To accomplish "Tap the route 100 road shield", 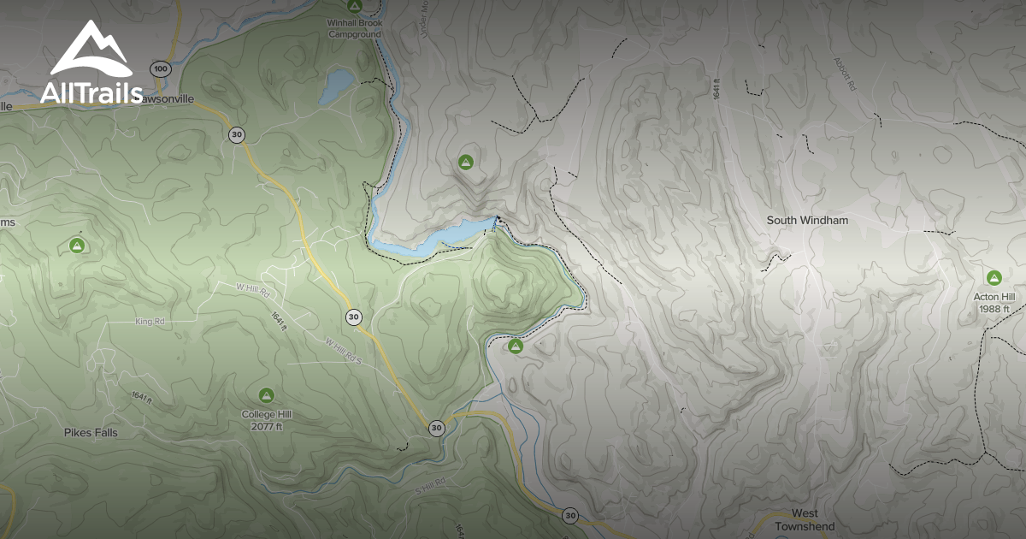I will [159, 68].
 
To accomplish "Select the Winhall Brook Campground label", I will [353, 28].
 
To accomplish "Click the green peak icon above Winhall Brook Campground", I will [353, 7].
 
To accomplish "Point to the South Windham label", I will [807, 220].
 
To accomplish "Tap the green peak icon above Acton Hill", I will [994, 277].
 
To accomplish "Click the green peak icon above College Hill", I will [266, 394].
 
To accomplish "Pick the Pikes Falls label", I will [91, 432].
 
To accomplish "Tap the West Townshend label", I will [804, 519].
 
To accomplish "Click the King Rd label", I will [149, 322].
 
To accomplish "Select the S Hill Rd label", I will [430, 485].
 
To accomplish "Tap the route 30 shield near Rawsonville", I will [237, 134].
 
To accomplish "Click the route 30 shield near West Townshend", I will [570, 515].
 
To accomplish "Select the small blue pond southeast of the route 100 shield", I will [337, 87].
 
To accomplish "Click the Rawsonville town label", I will [168, 98].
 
